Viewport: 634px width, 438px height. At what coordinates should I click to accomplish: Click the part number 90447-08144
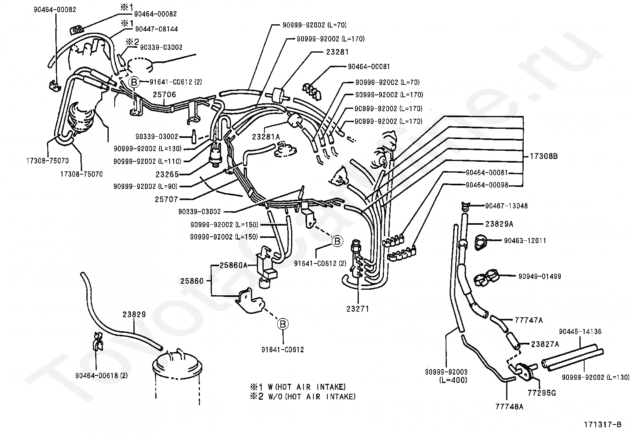(x=156, y=29)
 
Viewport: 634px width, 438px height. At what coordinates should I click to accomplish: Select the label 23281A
(x=266, y=137)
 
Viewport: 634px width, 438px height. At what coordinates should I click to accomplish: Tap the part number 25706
(x=164, y=95)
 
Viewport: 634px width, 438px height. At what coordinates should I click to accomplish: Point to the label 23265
(x=167, y=174)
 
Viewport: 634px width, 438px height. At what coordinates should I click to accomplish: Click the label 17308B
(x=544, y=157)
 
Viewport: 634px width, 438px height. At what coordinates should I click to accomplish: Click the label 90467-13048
(x=506, y=206)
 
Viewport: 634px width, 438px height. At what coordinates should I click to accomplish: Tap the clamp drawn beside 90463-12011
(x=481, y=242)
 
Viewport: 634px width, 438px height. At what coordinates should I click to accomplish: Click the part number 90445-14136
(x=580, y=331)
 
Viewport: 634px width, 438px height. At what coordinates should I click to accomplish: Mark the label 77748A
(x=509, y=407)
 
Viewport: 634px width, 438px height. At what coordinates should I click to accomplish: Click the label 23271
(x=358, y=308)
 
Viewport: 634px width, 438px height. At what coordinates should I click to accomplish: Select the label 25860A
(x=234, y=265)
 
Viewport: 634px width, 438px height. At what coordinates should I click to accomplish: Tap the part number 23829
(x=134, y=314)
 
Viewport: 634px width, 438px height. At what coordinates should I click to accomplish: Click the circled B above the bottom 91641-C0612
(x=283, y=324)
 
